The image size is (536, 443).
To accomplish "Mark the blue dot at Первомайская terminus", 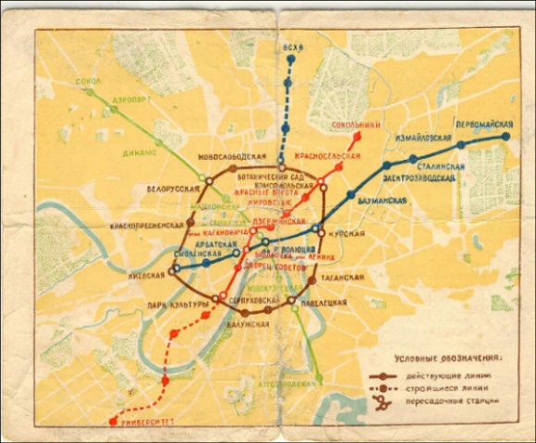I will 506,137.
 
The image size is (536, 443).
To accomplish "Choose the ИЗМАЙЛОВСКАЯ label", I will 420,137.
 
